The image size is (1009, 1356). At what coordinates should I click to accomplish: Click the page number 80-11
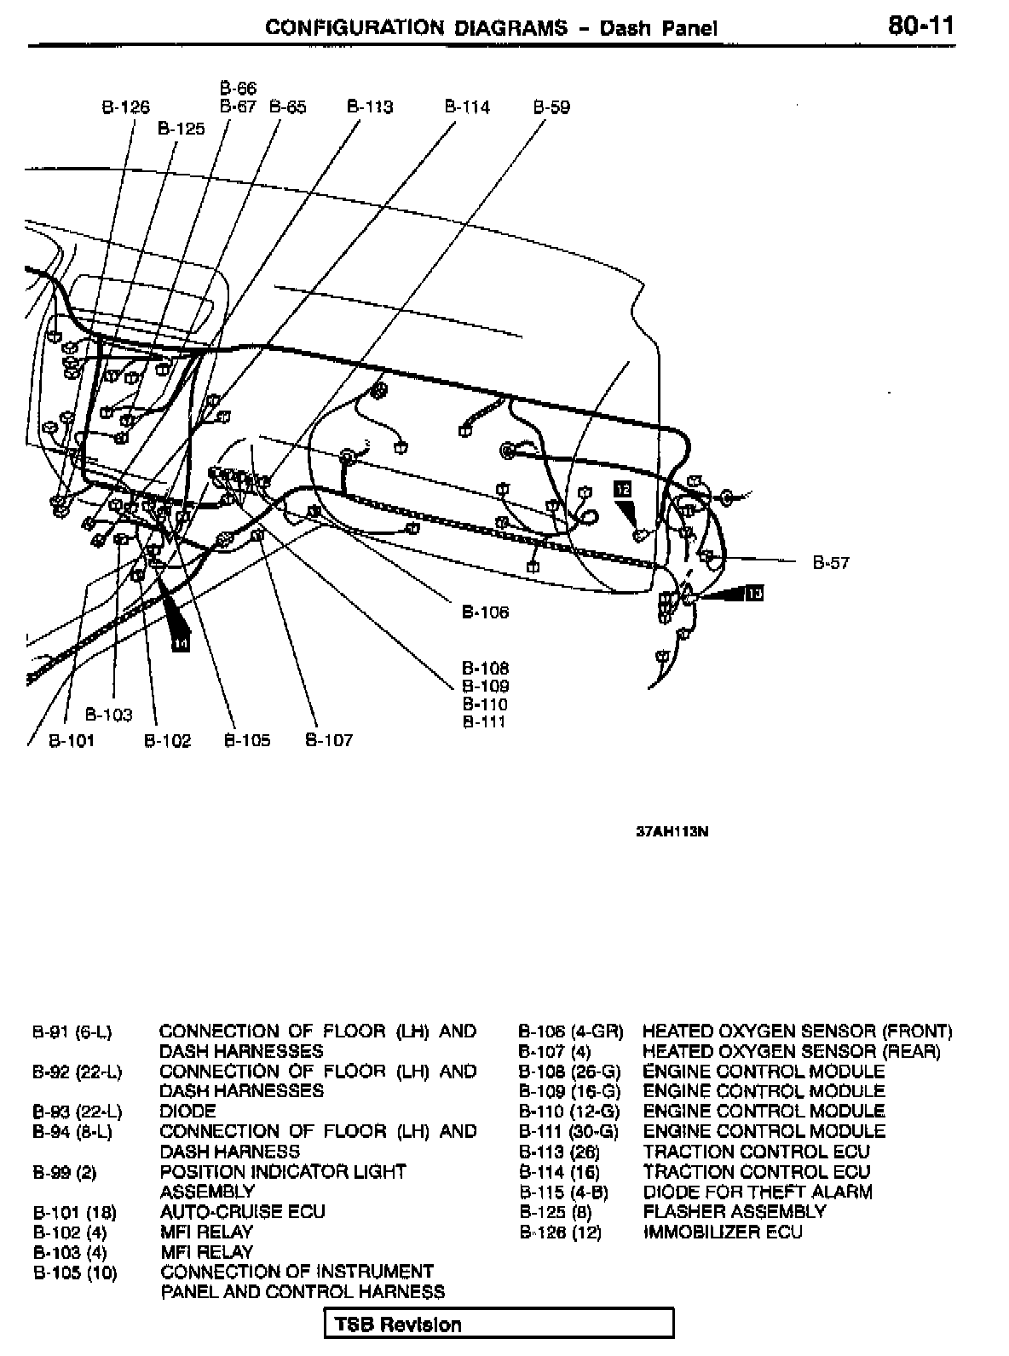[920, 26]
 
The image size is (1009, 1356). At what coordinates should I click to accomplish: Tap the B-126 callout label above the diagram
[125, 107]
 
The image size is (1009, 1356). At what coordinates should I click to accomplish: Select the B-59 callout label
[551, 107]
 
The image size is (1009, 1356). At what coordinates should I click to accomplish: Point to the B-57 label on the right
[830, 562]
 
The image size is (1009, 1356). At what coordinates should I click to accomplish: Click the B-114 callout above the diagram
[467, 107]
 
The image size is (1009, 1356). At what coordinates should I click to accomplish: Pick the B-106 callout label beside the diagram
[485, 612]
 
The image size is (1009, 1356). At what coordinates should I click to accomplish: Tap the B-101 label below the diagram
[71, 740]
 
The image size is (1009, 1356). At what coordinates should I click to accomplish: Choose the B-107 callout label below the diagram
[328, 740]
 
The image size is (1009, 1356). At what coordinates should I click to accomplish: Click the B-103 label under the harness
[109, 715]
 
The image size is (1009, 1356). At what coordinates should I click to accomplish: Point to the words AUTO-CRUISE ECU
[242, 1211]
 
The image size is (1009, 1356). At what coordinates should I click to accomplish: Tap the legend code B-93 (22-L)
[77, 1111]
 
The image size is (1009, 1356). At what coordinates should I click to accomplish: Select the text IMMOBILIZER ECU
[723, 1232]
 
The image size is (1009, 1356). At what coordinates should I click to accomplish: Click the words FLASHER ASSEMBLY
[734, 1211]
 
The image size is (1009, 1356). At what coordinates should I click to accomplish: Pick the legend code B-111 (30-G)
[568, 1131]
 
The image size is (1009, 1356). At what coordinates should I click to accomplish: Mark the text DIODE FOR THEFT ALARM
[758, 1192]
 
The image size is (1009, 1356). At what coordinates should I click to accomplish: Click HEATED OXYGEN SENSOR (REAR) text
[791, 1051]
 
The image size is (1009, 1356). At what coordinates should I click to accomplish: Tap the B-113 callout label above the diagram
[370, 107]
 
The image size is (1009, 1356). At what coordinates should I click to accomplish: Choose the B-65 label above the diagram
[287, 107]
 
